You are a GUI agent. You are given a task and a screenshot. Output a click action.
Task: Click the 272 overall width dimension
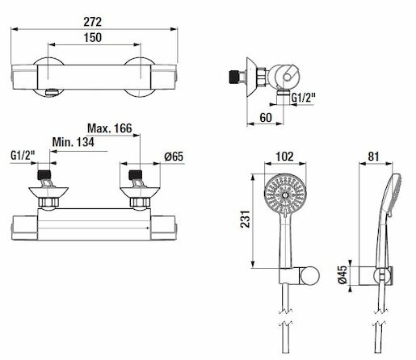[93, 22]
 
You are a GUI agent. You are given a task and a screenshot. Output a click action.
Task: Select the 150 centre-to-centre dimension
[93, 38]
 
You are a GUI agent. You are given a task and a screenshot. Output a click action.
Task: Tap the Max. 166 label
[110, 128]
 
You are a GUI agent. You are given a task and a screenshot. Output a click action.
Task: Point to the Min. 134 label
[74, 142]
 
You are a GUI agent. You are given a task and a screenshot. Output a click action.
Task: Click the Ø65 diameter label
[174, 157]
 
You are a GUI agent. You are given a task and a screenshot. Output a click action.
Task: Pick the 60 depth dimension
[266, 118]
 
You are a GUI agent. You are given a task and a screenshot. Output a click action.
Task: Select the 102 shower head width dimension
[285, 157]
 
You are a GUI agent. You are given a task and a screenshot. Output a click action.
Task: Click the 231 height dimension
[246, 220]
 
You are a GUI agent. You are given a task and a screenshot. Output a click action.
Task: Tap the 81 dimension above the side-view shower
[373, 157]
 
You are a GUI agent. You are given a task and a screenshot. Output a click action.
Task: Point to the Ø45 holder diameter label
[342, 274]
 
